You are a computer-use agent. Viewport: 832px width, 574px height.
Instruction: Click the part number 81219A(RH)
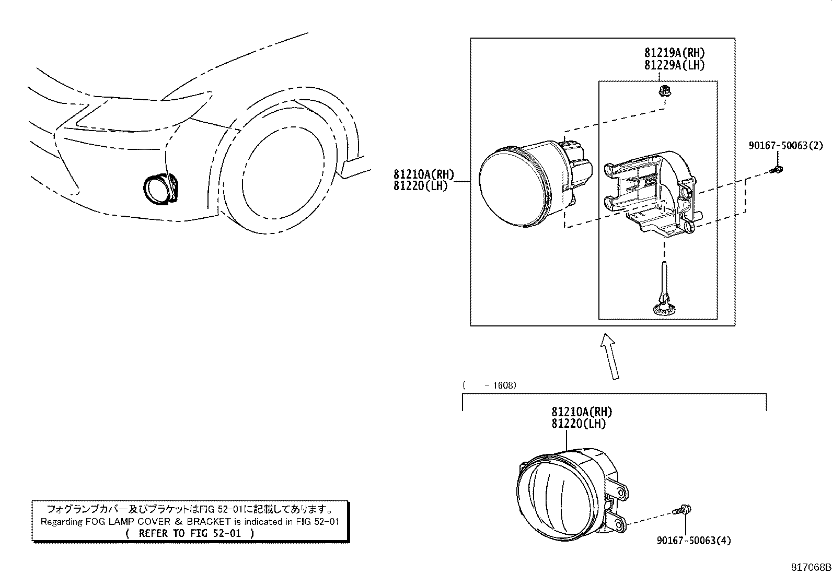pyautogui.click(x=675, y=53)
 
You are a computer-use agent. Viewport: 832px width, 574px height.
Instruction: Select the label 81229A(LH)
pyautogui.click(x=675, y=65)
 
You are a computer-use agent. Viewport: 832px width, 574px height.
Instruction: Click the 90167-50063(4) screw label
pyautogui.click(x=694, y=540)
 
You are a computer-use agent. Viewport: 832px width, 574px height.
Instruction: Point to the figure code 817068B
pyautogui.click(x=811, y=567)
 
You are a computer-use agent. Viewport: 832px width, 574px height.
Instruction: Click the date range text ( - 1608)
pyautogui.click(x=490, y=385)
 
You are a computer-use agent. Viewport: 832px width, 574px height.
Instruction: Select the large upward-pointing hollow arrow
pyautogui.click(x=610, y=356)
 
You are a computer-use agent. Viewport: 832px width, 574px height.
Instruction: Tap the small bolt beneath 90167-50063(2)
pyautogui.click(x=776, y=170)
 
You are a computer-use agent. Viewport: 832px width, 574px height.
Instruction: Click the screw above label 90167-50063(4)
pyautogui.click(x=682, y=510)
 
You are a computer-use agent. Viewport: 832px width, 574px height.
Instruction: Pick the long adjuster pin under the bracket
pyautogui.click(x=664, y=289)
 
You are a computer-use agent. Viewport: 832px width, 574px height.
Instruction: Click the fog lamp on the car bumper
pyautogui.click(x=160, y=190)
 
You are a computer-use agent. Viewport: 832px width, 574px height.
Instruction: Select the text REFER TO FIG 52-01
pyautogui.click(x=190, y=534)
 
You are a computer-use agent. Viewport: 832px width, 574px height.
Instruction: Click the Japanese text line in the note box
pyautogui.click(x=190, y=509)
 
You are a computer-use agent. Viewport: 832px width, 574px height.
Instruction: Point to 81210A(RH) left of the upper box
pyautogui.click(x=424, y=174)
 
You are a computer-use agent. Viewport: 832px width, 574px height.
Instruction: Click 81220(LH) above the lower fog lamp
pyautogui.click(x=579, y=424)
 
